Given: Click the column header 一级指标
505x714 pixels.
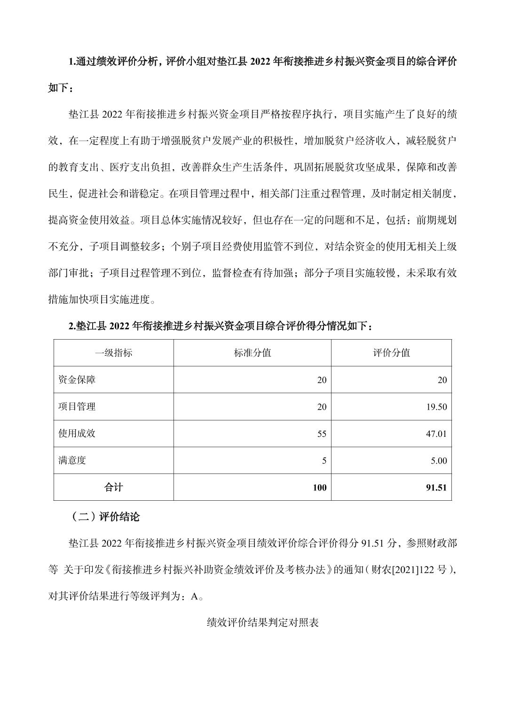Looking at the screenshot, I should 113,353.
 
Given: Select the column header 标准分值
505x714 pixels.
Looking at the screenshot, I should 252,353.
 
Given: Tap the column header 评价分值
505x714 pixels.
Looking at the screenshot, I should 391,353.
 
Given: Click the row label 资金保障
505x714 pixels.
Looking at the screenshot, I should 77,380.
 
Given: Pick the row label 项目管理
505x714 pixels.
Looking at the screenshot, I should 77,406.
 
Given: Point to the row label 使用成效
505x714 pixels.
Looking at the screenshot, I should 77,433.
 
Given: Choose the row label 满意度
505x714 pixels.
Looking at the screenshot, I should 72,460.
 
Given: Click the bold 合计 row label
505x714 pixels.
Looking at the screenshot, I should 113,487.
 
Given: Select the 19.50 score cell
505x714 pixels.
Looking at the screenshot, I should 436,407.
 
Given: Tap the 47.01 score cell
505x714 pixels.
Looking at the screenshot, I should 436,434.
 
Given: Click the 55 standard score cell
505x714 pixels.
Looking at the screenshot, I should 322,434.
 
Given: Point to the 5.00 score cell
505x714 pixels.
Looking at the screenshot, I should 439,460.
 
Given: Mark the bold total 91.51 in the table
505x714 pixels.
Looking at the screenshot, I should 436,488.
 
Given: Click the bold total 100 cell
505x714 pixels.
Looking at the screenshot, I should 319,488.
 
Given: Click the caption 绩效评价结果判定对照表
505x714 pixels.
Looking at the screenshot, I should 263,623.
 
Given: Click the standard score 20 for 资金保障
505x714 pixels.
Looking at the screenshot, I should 322,380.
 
